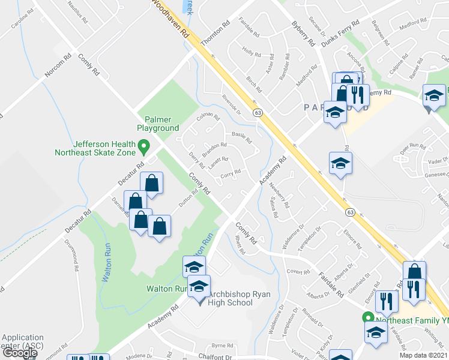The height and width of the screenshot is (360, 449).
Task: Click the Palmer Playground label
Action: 158,123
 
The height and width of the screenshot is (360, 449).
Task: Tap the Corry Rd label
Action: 231,173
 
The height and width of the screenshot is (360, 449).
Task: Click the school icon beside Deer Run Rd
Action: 340,163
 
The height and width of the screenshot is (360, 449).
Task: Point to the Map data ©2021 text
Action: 424,355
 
